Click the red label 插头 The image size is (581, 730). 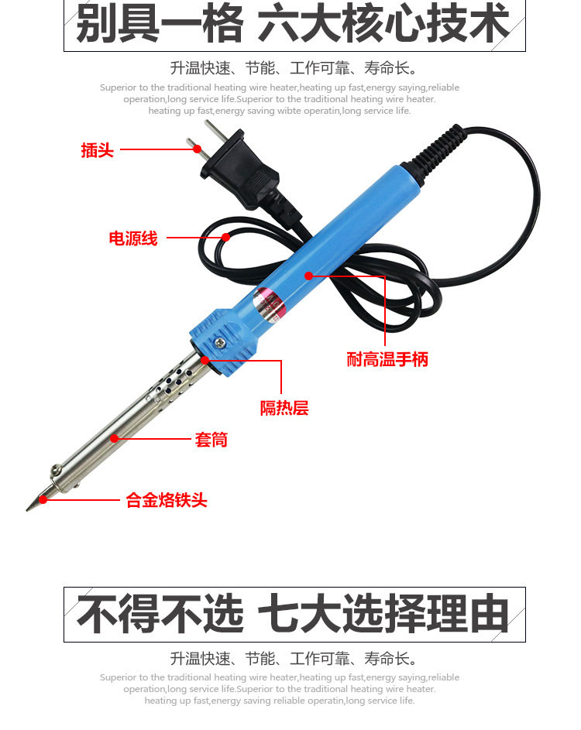[x=98, y=150]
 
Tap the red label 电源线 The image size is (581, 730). [x=133, y=238]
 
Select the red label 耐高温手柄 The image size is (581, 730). [x=387, y=359]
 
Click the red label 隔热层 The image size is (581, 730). [x=284, y=408]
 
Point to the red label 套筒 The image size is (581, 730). [x=211, y=440]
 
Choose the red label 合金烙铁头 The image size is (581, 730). [x=167, y=500]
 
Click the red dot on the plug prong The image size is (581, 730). [x=197, y=149]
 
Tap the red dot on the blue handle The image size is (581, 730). [x=308, y=276]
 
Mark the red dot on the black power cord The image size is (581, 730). [x=226, y=237]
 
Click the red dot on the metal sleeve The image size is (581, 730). [x=114, y=438]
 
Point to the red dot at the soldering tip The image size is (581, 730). [x=43, y=499]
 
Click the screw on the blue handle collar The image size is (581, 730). [x=220, y=343]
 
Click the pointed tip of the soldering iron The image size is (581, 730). [x=27, y=510]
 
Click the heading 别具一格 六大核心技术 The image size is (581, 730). [x=293, y=23]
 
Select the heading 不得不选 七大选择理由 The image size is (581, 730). [x=293, y=614]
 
